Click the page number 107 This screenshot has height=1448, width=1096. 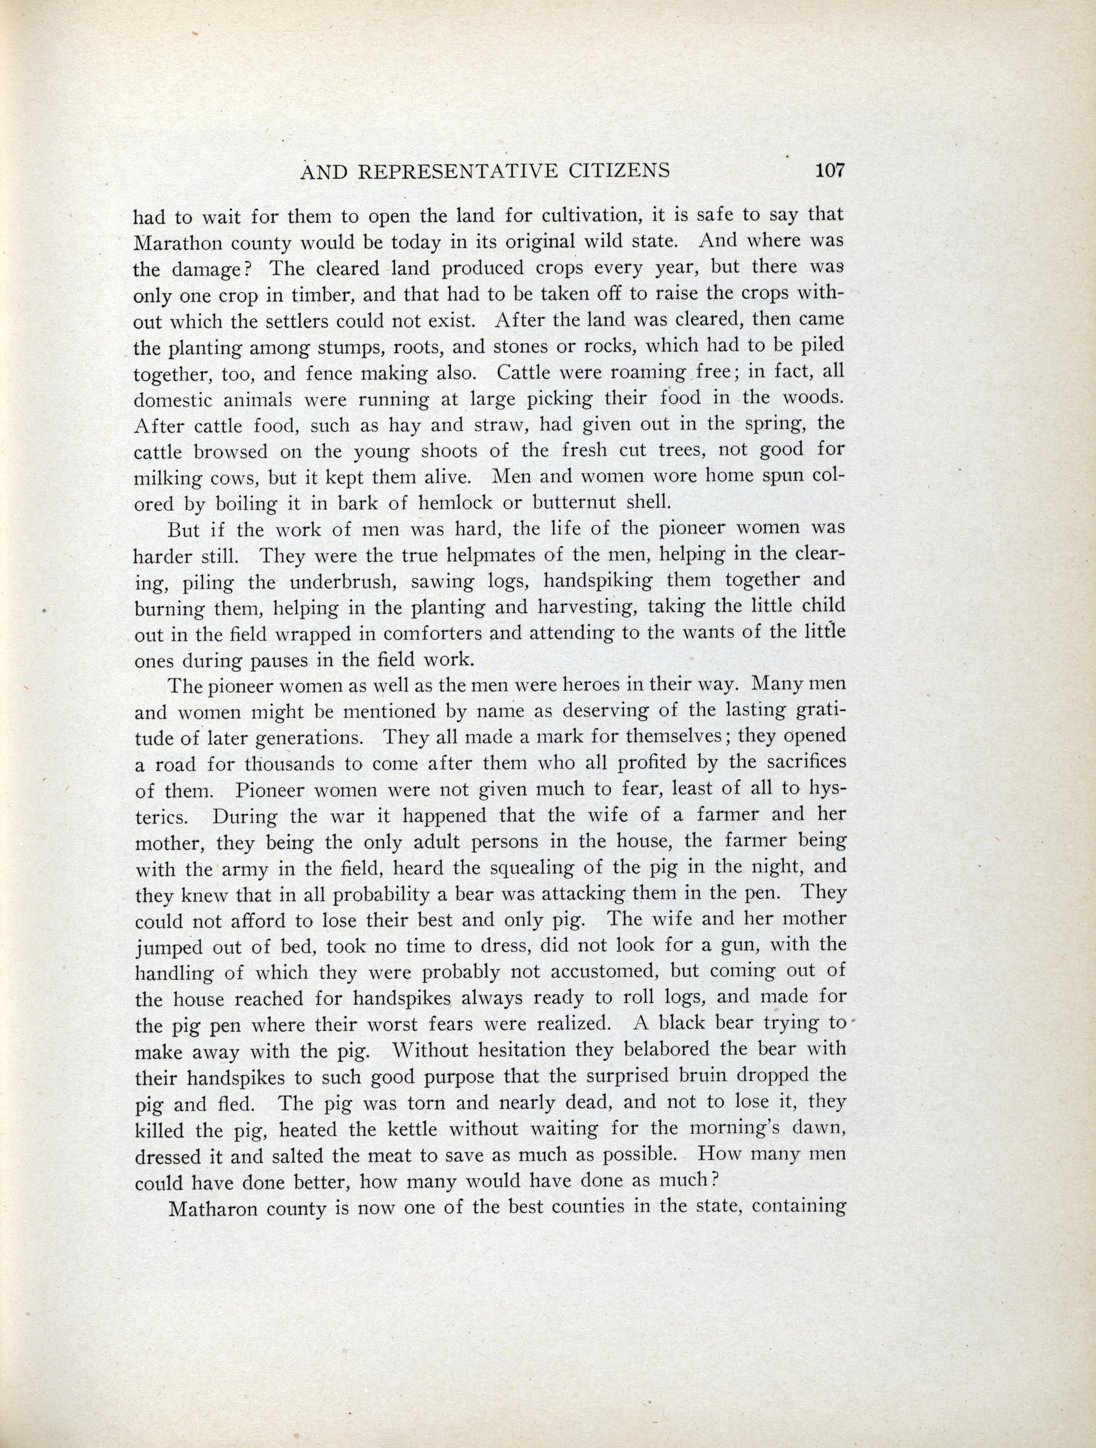coord(830,171)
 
